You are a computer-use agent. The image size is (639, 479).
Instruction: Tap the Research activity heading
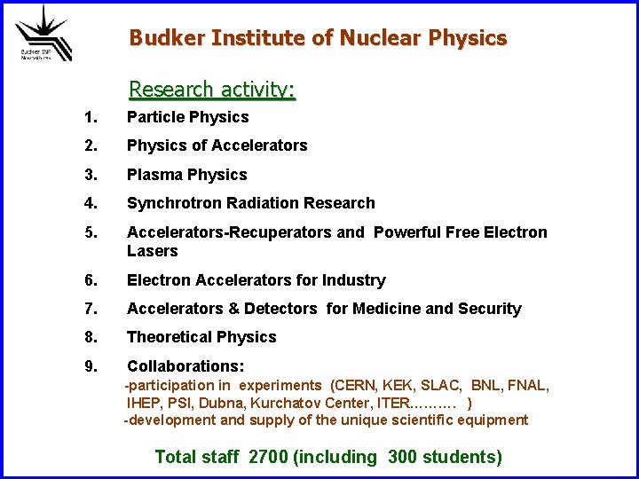(212, 90)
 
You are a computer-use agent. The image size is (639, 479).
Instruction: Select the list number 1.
(89, 117)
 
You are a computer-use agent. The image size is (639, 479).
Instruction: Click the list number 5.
(89, 232)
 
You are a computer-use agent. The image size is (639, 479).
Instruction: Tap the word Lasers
(153, 251)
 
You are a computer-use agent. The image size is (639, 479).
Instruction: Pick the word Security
(490, 309)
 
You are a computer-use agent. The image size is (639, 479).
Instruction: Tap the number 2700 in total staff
(268, 458)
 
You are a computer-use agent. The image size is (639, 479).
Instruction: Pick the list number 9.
(89, 366)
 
